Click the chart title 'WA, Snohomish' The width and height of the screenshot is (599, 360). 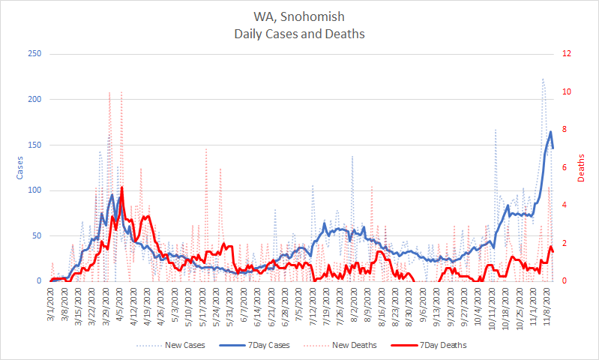[x=299, y=16]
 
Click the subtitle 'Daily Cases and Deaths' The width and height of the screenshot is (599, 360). [x=299, y=34]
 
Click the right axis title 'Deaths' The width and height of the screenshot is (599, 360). [x=582, y=167]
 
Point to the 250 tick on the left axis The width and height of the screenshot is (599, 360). [x=35, y=54]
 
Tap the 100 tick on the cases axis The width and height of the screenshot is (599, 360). [x=35, y=190]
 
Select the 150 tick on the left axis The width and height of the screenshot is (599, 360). [x=35, y=145]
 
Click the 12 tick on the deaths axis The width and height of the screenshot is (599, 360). [x=568, y=54]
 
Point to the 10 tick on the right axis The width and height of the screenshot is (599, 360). [x=568, y=91]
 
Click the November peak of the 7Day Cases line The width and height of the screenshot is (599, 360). [x=550, y=132]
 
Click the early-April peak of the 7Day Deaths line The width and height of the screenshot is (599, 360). [x=121, y=187]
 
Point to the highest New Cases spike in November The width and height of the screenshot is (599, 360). [x=543, y=78]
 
